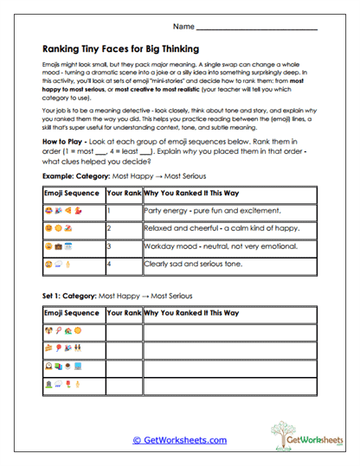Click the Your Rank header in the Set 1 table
(x=123, y=311)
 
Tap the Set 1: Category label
(x=71, y=296)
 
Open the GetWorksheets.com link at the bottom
(x=179, y=440)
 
